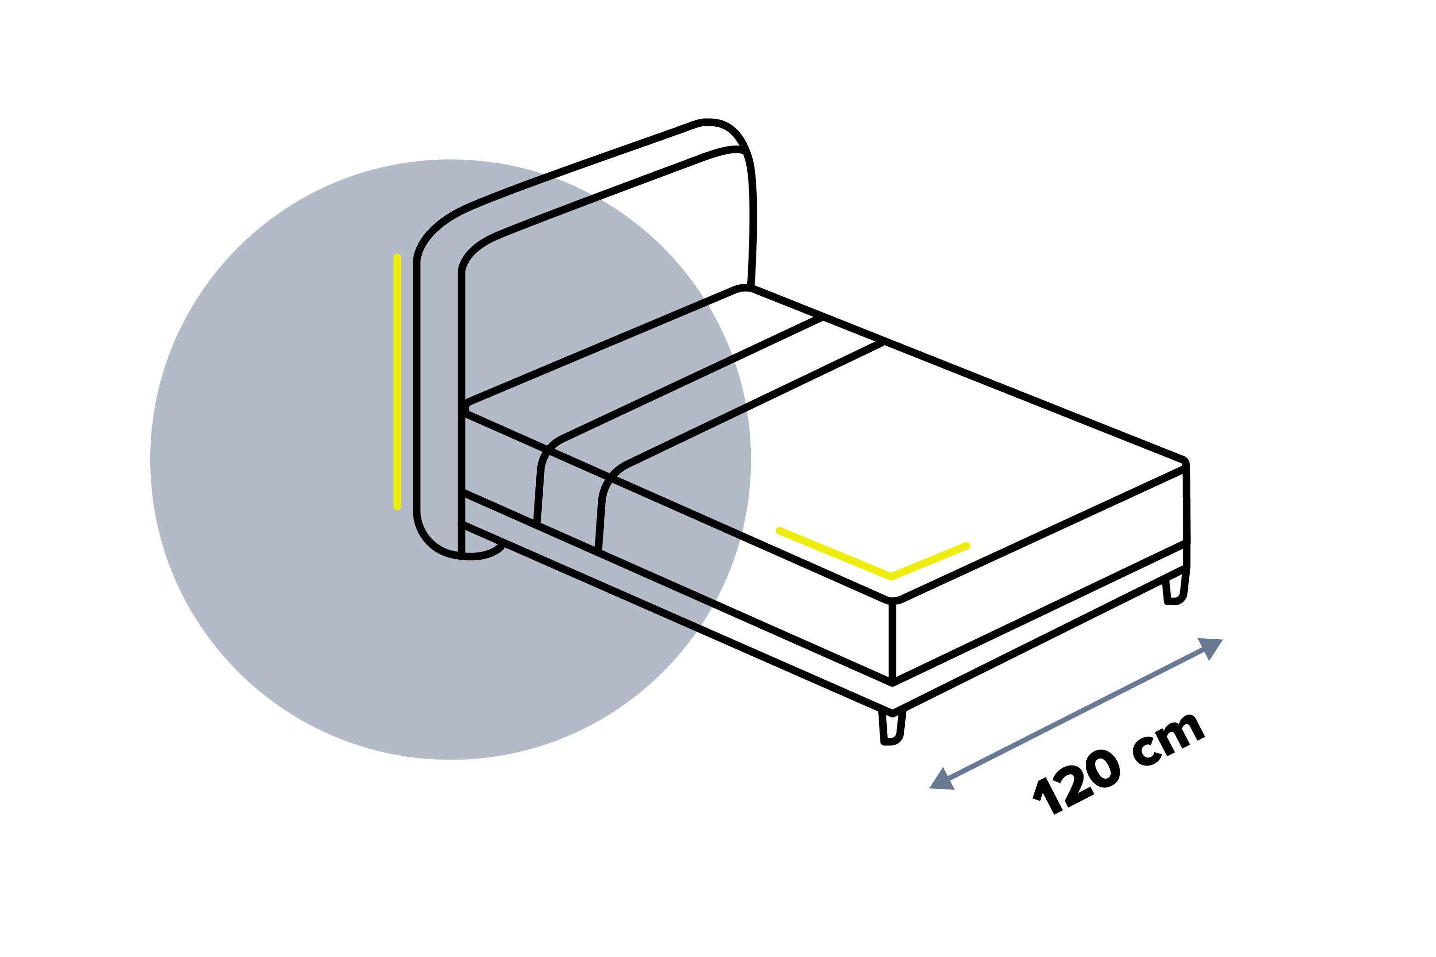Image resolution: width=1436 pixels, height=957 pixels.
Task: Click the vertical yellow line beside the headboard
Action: [x=397, y=382]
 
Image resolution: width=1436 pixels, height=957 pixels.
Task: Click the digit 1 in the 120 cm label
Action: [x=1048, y=796]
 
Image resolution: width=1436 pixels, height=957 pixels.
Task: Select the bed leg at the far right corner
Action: [x=1175, y=588]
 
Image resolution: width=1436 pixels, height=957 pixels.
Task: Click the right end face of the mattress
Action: [x=1039, y=574]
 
